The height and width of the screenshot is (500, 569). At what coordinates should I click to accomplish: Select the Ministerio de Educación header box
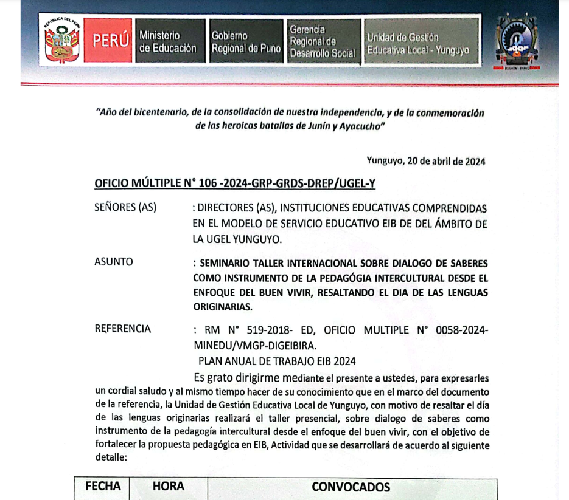pos(167,42)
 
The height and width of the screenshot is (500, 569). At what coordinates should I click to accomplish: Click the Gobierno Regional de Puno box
pos(246,42)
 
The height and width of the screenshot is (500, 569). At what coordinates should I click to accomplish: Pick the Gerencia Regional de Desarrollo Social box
pos(322,41)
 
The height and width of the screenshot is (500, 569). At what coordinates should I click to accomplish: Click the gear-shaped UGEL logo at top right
pos(517,43)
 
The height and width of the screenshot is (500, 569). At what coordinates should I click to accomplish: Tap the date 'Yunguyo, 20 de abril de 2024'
pos(425,161)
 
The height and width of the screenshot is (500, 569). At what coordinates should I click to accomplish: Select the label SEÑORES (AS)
pos(125,207)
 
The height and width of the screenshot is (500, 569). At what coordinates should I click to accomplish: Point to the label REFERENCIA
pos(123,329)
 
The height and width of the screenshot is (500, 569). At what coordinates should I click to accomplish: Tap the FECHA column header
pos(103,486)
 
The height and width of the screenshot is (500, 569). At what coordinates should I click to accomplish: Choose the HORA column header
pos(168,486)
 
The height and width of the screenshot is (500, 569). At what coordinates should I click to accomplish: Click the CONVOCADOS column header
pos(351,487)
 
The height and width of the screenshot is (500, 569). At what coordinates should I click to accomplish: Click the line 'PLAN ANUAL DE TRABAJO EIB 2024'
pos(277,361)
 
